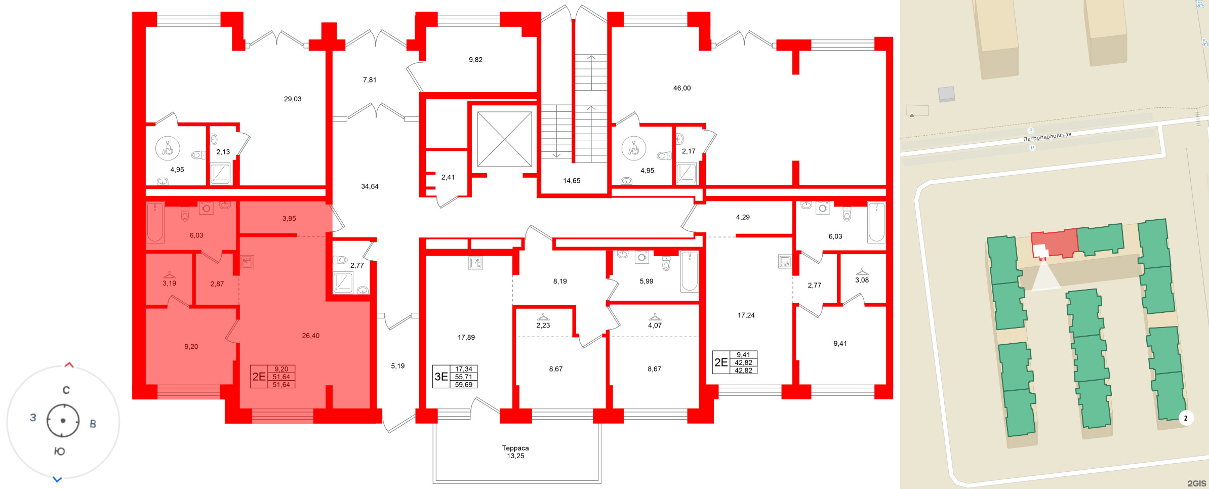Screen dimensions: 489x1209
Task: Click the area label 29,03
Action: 292,99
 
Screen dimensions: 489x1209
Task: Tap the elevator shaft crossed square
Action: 504,139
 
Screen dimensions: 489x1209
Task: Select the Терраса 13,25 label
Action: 515,452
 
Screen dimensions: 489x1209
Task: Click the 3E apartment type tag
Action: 441,377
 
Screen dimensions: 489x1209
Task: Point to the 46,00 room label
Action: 681,88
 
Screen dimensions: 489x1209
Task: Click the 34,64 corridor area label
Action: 370,186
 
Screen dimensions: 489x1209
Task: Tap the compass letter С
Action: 66,390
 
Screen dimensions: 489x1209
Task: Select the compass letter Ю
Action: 59,451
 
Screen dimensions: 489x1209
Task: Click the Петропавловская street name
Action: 1047,137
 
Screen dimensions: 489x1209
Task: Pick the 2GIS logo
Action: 1196,483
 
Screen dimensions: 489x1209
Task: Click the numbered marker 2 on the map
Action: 1186,418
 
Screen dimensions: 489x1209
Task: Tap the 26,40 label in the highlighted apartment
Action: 310,336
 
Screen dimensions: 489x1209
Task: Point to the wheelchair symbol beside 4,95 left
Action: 168,148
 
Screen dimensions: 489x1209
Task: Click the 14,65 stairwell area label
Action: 572,181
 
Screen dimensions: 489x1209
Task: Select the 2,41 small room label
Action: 448,177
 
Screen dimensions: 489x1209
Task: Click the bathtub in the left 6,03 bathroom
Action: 155,222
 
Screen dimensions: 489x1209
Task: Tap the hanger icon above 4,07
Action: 655,317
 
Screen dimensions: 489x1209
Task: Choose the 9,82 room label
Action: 475,60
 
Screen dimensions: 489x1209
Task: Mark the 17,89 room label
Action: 466,337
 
